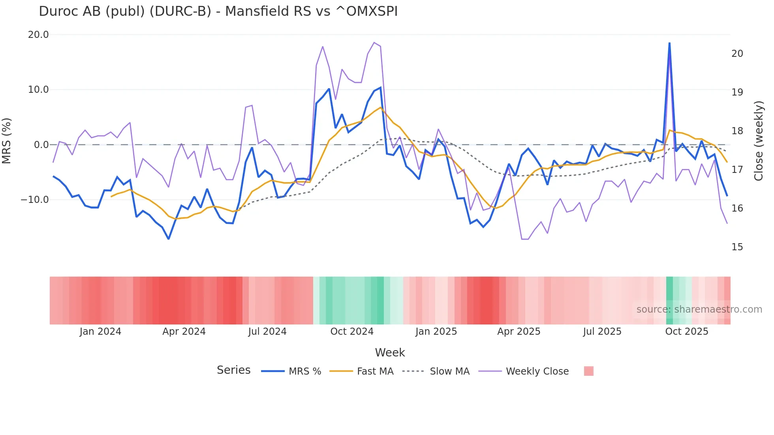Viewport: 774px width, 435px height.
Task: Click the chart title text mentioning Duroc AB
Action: coord(218,11)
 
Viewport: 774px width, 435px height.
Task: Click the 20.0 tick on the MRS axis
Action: coord(38,35)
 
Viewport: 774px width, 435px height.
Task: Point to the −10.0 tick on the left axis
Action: coord(35,200)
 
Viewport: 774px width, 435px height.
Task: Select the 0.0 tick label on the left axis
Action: coord(41,145)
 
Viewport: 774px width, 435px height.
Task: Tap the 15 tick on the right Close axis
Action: coord(737,247)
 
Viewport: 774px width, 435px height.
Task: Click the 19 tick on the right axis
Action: coord(737,92)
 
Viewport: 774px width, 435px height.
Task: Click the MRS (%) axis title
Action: coord(7,141)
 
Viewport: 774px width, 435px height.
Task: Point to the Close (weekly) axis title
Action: coord(758,141)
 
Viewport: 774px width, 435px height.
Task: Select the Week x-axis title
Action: coord(390,352)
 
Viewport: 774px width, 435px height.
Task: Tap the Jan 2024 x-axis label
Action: coord(100,332)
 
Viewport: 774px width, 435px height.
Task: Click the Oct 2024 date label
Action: coord(352,332)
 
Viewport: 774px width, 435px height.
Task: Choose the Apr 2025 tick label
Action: coord(519,332)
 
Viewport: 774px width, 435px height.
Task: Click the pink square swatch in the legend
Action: coord(588,371)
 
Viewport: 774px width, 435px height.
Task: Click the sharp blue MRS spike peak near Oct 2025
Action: coord(669,43)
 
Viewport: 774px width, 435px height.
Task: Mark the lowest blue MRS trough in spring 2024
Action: coord(169,239)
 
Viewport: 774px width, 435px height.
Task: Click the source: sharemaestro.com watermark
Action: coord(699,309)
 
